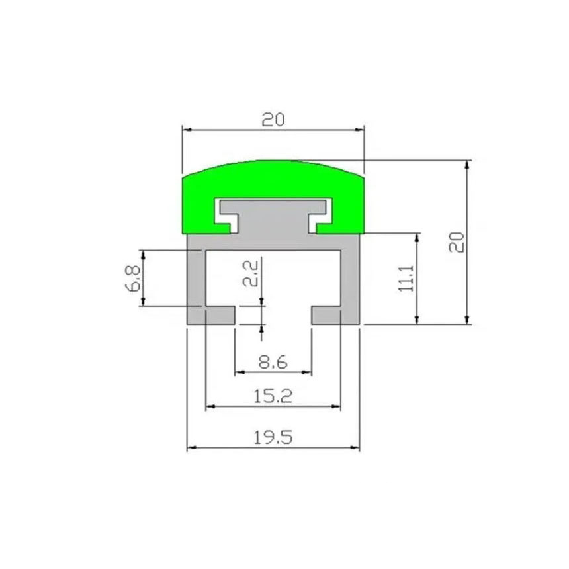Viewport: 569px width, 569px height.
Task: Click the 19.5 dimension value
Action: tap(273, 437)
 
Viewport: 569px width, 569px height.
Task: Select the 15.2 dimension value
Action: tap(273, 396)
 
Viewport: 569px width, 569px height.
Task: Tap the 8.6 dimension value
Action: tap(273, 362)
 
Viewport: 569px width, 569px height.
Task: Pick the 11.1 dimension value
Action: tap(406, 279)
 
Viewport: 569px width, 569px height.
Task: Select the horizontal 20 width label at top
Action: tap(273, 120)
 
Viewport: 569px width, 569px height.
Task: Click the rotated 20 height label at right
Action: tap(457, 242)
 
